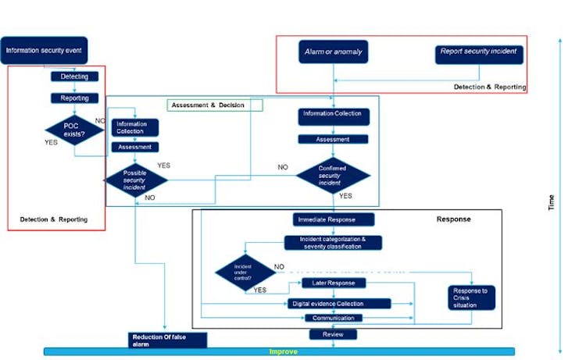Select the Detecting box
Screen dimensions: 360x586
pyautogui.click(x=74, y=77)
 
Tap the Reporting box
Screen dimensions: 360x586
pyautogui.click(x=74, y=98)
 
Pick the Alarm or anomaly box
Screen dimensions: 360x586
pyautogui.click(x=333, y=52)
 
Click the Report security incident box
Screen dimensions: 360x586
pyautogui.click(x=478, y=52)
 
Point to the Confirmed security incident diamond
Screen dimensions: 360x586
pyautogui.click(x=333, y=175)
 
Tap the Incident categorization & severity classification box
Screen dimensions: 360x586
pyautogui.click(x=333, y=242)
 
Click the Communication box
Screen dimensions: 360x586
pyautogui.click(x=334, y=318)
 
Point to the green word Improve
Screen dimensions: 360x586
pyautogui.click(x=284, y=351)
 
